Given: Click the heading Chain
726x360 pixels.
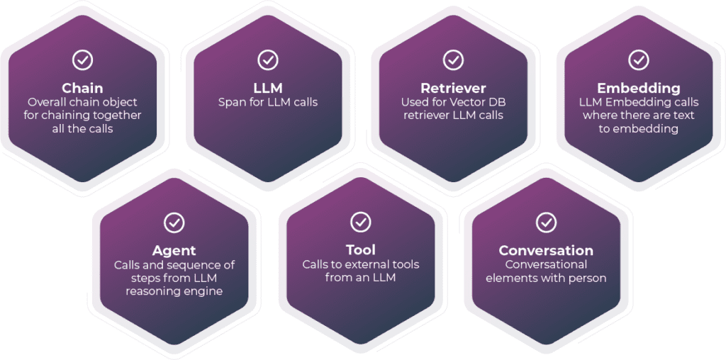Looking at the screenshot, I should pyautogui.click(x=82, y=89).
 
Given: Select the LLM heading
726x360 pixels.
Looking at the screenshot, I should pyautogui.click(x=268, y=89).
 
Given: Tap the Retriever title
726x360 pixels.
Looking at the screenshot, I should pyautogui.click(x=453, y=89).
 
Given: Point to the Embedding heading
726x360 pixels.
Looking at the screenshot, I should pyautogui.click(x=638, y=89).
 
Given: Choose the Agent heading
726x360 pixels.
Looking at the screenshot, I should pyautogui.click(x=174, y=251).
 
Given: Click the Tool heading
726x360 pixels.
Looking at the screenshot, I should pyautogui.click(x=360, y=250).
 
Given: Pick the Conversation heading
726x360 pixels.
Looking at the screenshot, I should pyautogui.click(x=546, y=251).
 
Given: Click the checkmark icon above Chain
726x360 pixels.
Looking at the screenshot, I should pyautogui.click(x=82, y=60).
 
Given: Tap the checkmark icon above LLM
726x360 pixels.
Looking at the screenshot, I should pyautogui.click(x=268, y=60).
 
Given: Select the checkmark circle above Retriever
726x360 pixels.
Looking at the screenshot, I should pyautogui.click(x=453, y=60).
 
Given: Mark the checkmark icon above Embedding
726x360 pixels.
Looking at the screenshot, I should pyautogui.click(x=638, y=60).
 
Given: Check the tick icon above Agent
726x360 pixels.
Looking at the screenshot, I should pyautogui.click(x=174, y=223).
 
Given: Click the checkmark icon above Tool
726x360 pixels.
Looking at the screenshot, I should pyautogui.click(x=360, y=222).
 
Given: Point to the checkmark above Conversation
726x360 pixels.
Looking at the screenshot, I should pyautogui.click(x=546, y=223).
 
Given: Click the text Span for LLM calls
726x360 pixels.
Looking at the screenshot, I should pyautogui.click(x=268, y=103).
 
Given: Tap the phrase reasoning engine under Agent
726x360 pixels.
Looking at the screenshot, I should pyautogui.click(x=174, y=291).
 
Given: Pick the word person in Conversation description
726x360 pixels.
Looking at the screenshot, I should pyautogui.click(x=588, y=278).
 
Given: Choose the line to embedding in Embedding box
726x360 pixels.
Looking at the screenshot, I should pyautogui.click(x=638, y=129).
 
